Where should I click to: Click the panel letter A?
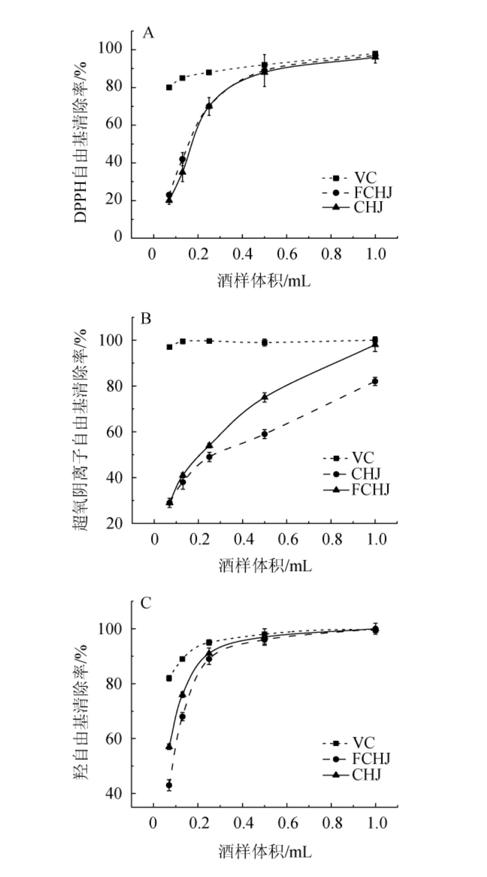coord(148,33)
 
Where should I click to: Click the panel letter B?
coord(146,318)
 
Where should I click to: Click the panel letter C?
coord(146,603)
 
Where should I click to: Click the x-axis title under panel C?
coord(264,851)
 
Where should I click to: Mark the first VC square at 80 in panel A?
coord(169,87)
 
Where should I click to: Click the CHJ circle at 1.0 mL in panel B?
coord(375,381)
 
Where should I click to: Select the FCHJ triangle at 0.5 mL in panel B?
coord(265,397)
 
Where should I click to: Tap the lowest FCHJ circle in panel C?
coord(169,785)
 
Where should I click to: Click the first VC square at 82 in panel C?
coord(169,678)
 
